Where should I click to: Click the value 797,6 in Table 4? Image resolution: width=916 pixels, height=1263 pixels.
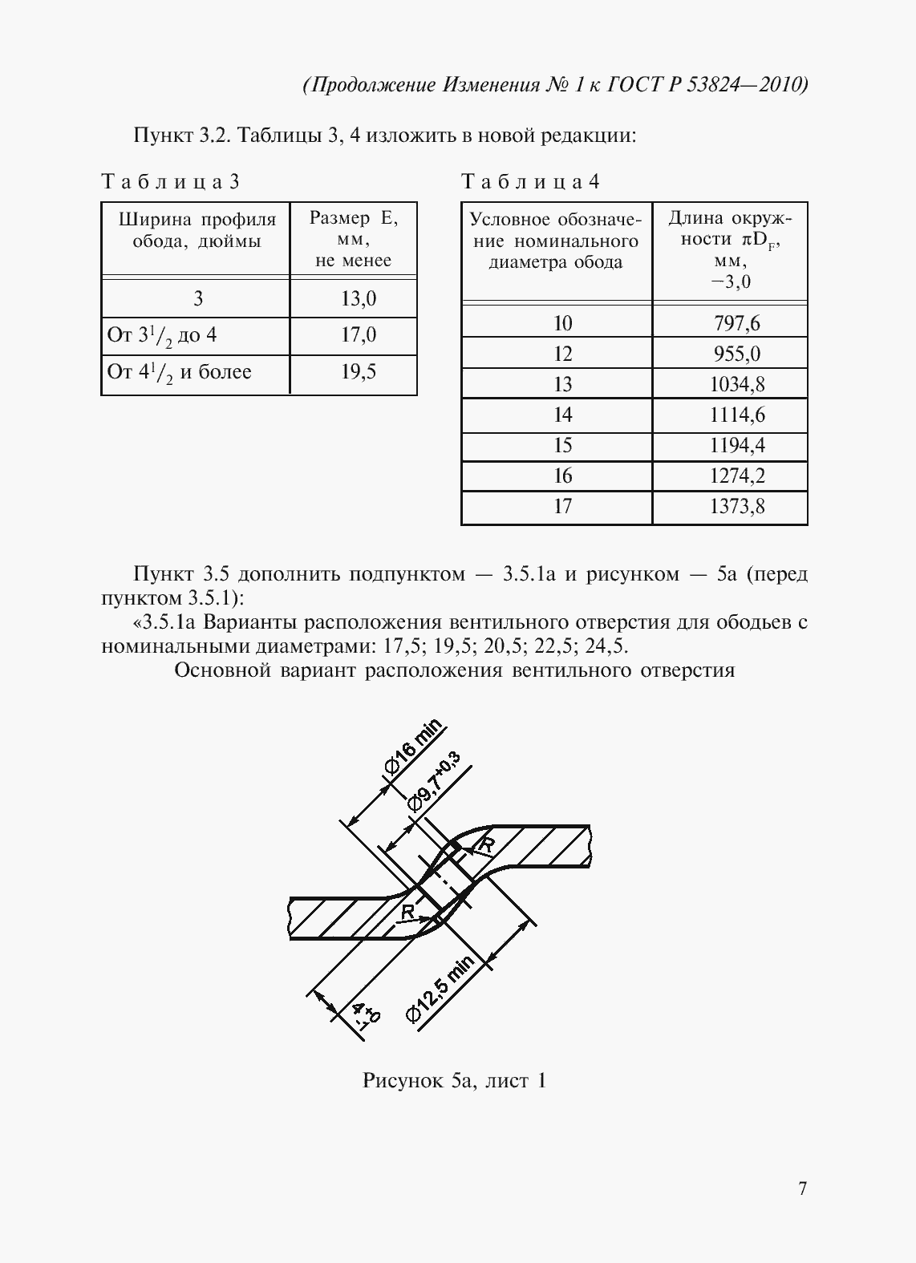736,323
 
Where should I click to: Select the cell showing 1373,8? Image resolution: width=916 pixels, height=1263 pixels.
736,506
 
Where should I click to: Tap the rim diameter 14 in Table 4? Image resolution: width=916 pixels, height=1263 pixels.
562,415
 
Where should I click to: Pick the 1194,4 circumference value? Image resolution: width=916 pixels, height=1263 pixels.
736,445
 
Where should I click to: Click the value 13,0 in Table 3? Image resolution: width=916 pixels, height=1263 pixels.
358,299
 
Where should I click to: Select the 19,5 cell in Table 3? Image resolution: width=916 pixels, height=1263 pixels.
358,372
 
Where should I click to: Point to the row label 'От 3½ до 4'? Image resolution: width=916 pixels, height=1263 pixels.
162,335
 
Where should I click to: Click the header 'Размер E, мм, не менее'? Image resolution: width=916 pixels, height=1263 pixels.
354,239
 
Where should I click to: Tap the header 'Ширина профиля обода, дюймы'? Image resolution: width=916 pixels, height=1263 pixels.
197,230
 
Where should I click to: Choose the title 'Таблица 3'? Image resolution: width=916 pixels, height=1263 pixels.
170,182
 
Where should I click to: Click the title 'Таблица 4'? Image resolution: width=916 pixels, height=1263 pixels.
530,182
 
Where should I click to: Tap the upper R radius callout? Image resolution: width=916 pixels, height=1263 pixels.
485,844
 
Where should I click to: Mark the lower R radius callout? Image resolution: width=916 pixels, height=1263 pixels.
407,912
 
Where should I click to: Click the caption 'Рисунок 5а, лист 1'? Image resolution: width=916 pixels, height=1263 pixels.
454,1081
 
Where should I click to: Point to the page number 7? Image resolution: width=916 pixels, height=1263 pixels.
802,1188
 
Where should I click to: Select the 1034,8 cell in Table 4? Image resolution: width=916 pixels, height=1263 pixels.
736,384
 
